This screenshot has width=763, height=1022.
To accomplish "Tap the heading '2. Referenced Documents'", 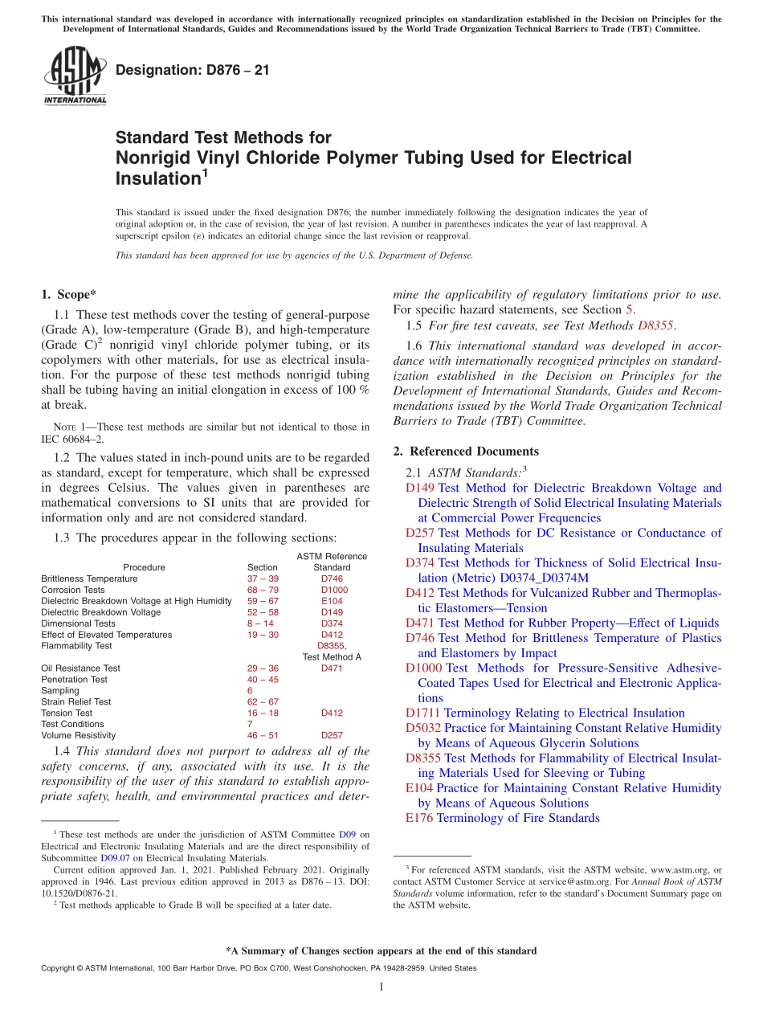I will click(466, 451).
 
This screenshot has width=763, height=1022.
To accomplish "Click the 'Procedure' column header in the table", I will click(144, 567).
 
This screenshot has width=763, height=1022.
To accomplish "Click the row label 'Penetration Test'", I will click(74, 680).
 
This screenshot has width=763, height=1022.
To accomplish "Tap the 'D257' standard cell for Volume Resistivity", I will click(332, 735).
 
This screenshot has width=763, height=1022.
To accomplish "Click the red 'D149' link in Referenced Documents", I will click(420, 488).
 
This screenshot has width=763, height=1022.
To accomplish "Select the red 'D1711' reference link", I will click(423, 713).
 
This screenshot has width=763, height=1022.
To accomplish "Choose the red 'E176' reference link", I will click(419, 818).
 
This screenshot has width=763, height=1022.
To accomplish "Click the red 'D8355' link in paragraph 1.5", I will click(655, 325).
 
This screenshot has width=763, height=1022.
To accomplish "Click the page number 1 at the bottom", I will click(381, 987).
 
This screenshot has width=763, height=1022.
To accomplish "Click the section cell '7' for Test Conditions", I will click(250, 724).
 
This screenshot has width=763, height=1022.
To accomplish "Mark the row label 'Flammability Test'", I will click(76, 646).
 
